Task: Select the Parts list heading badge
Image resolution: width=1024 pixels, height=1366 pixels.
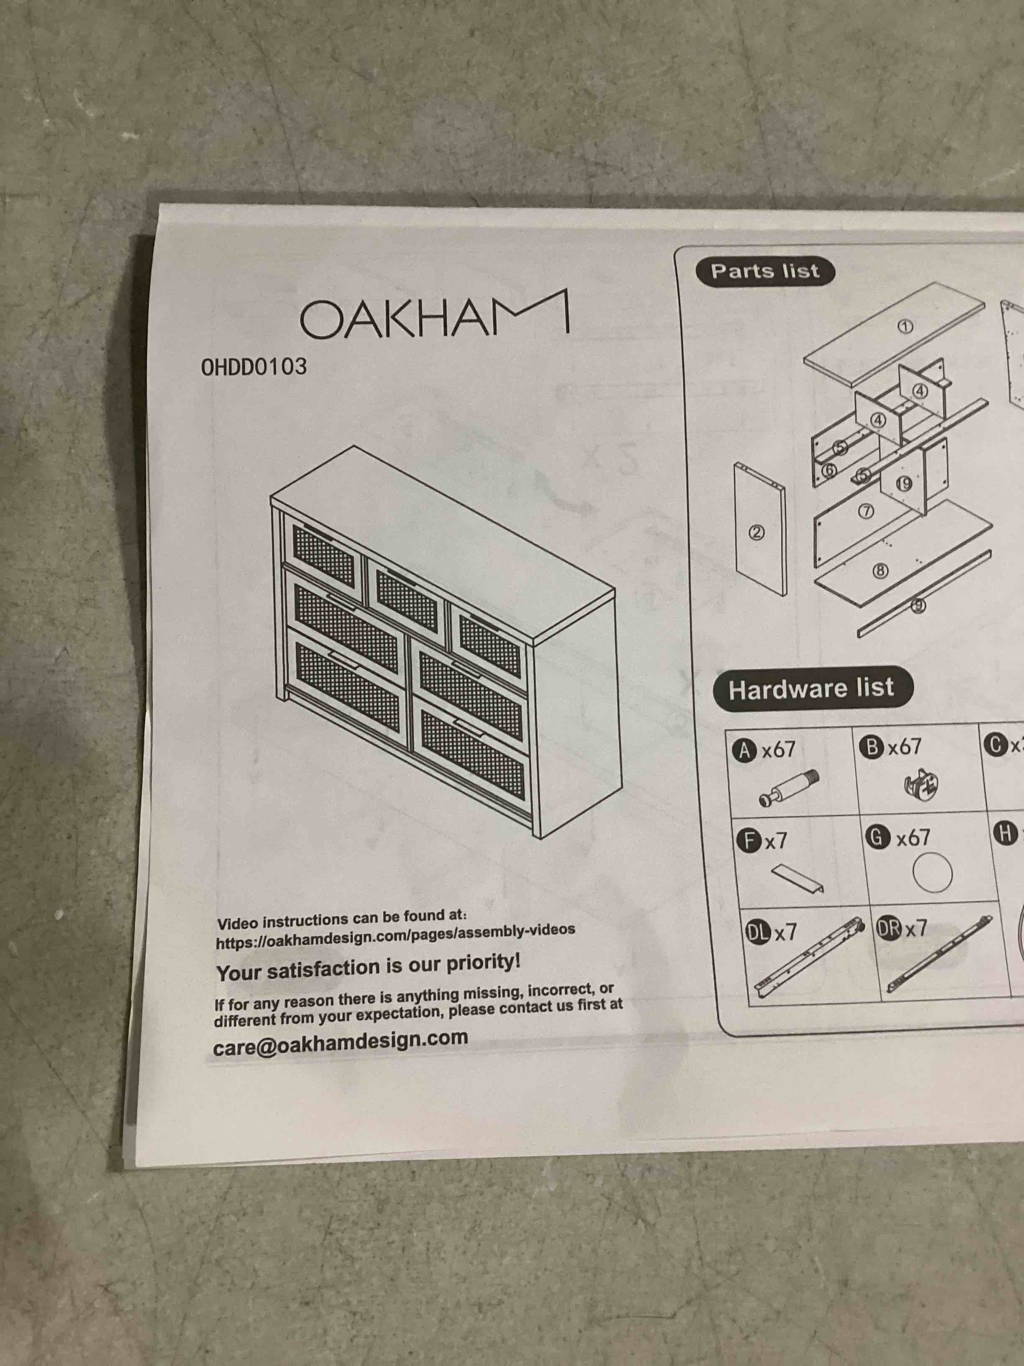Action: (765, 271)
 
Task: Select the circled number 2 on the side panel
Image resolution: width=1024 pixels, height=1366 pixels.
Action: (757, 532)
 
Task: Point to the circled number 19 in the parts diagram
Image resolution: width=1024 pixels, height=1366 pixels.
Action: (904, 483)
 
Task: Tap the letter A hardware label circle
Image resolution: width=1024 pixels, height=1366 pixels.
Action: (745, 750)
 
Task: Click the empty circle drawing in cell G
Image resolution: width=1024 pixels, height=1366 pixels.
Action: (932, 873)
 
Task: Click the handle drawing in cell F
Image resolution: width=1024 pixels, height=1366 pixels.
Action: (797, 878)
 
